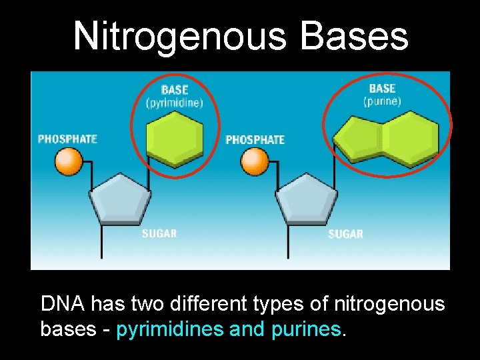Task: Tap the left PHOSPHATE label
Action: tap(67, 139)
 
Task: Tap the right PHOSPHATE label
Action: tap(255, 139)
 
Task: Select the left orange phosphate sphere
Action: tap(68, 161)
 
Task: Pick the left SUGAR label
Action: tap(159, 233)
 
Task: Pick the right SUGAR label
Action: tap(345, 234)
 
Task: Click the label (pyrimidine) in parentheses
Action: tap(174, 103)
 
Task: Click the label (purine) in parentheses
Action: tap(382, 101)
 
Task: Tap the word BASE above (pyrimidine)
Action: tap(175, 90)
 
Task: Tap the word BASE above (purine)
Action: tap(382, 89)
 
